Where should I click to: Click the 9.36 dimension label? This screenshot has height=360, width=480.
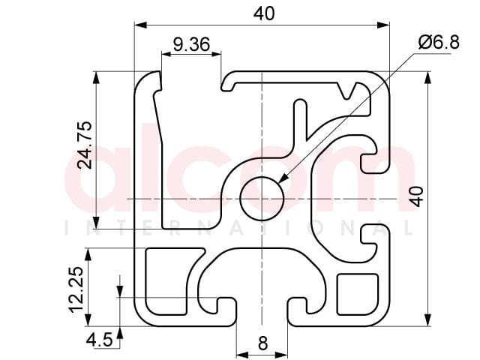tap(192, 45)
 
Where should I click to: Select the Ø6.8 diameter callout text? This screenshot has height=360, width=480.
tap(439, 42)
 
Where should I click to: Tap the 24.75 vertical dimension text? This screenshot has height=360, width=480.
tap(85, 145)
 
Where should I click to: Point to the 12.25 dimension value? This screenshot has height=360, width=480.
tap(76, 289)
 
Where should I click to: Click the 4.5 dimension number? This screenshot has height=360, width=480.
tap(100, 340)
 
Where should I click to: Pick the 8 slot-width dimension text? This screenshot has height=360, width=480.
tap(263, 343)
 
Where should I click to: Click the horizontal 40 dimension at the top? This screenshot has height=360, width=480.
tap(264, 13)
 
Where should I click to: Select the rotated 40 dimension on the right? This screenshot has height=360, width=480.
tap(417, 196)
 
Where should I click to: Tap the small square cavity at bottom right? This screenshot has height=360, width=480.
tap(358, 295)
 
